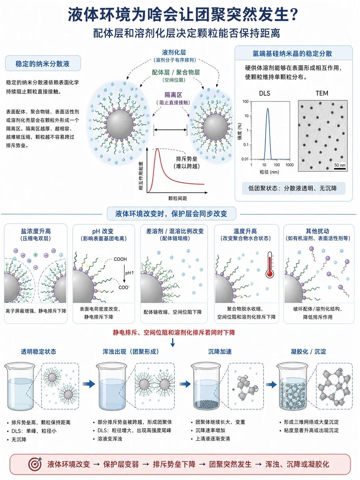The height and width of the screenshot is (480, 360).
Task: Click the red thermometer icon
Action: (x=270, y=265)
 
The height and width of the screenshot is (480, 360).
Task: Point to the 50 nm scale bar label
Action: (x=340, y=165)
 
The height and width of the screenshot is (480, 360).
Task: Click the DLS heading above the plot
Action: (x=264, y=94)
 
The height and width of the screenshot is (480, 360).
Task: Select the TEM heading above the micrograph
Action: (x=322, y=93)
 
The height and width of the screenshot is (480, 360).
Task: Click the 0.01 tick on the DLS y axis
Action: (x=245, y=159)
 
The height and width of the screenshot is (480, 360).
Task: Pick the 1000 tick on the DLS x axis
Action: (x=289, y=165)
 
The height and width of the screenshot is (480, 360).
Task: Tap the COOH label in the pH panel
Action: (x=120, y=259)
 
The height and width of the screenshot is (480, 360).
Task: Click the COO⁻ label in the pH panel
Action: (x=124, y=287)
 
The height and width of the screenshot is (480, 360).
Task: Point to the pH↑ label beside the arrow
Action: (x=129, y=273)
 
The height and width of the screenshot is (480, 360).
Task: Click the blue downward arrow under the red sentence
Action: (x=173, y=342)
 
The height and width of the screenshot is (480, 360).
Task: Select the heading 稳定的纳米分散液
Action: (x=42, y=64)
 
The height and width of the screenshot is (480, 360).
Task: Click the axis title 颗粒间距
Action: (x=177, y=198)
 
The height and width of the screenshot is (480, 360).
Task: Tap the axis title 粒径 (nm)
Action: (x=269, y=172)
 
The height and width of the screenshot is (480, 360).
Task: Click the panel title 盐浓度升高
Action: (x=36, y=231)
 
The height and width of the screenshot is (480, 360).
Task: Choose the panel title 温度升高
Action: (x=245, y=231)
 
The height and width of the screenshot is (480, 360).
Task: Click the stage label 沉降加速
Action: (x=220, y=352)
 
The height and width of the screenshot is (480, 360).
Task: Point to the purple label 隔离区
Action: (x=173, y=95)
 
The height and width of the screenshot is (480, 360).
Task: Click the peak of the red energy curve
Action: (x=157, y=149)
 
